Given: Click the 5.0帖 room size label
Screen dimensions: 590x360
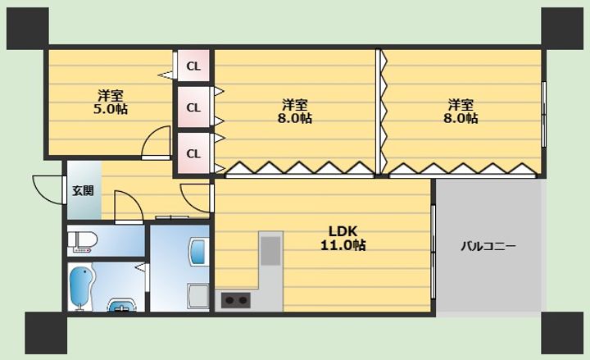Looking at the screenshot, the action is click(111, 109).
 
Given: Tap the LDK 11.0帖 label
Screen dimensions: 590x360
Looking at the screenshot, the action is click(343, 238).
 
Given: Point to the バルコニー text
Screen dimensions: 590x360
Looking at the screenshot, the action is click(488, 247).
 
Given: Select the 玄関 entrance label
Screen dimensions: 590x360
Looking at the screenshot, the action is click(83, 190).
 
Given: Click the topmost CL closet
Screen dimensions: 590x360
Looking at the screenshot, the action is click(193, 66).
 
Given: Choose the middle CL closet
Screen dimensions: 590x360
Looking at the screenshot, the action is click(193, 107).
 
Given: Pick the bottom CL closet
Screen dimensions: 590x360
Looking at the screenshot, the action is click(193, 153).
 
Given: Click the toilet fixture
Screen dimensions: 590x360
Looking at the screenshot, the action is click(83, 241).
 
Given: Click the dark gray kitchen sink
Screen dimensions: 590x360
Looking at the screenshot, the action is click(271, 250).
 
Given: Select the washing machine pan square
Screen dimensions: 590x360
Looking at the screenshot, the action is click(198, 296).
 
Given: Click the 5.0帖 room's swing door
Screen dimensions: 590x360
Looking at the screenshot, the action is click(157, 143).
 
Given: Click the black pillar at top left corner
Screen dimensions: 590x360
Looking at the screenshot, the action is click(28, 29).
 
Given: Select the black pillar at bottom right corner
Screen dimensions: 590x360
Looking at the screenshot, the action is click(562, 333).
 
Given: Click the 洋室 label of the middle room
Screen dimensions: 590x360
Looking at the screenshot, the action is click(295, 103).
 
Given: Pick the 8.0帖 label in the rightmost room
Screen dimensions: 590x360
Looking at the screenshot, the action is click(461, 118).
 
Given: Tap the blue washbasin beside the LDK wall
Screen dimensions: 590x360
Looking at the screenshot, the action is click(198, 251).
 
